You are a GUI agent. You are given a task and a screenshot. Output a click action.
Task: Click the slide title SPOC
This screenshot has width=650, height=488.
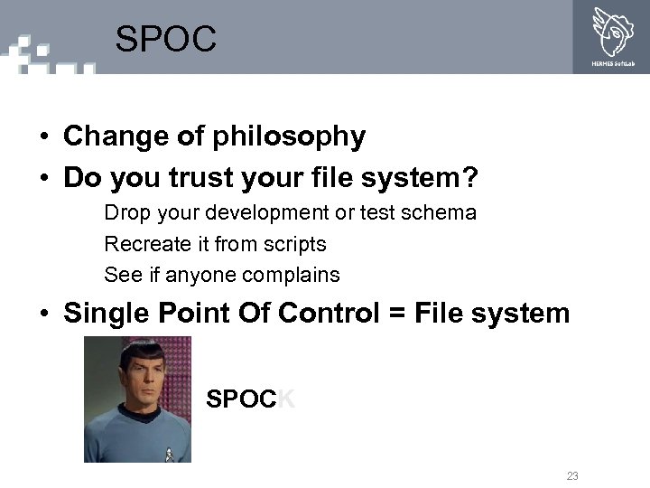[x=166, y=39]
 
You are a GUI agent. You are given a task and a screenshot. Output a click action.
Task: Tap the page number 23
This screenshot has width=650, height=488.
[x=572, y=475]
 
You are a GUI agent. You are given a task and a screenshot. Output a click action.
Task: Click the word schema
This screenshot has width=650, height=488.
[x=443, y=213]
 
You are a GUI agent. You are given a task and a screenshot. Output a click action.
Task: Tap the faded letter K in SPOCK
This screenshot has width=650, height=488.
[x=285, y=399]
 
